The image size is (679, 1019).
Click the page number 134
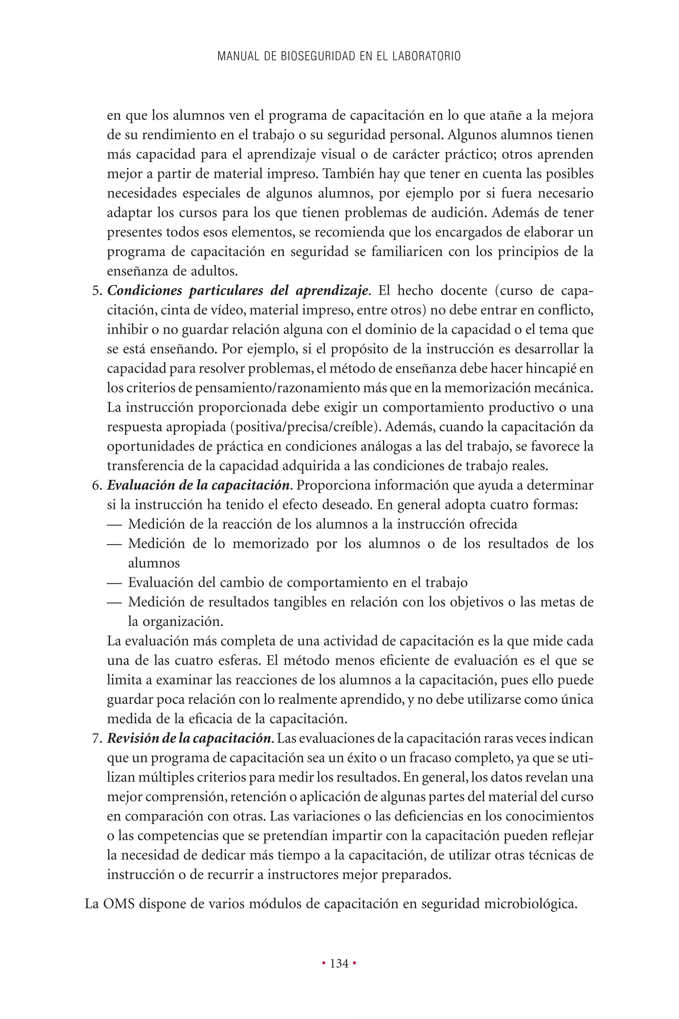(x=339, y=963)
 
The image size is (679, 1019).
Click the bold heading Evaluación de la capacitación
(x=198, y=485)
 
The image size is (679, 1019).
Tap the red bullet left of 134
(x=324, y=963)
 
